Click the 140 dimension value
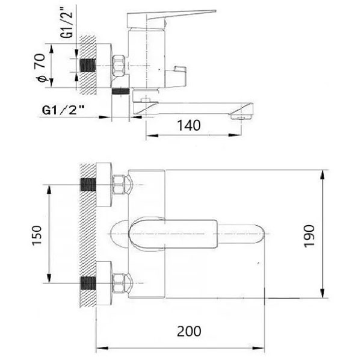tap(189, 125)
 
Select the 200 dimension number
tap(189, 331)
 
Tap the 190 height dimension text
tap(309, 237)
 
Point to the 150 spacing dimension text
tap(37, 235)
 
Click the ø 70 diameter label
tap(40, 68)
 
